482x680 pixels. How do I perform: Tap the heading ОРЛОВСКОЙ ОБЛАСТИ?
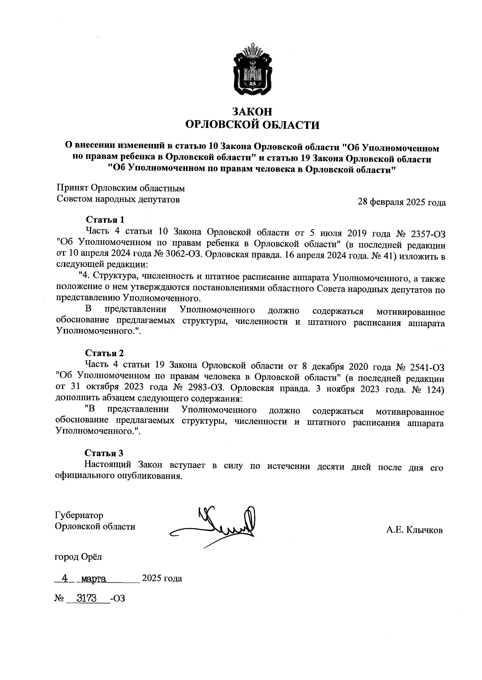(253, 125)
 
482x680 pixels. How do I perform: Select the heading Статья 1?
(105, 219)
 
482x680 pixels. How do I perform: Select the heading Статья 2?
(104, 353)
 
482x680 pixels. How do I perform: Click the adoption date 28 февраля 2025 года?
(402, 202)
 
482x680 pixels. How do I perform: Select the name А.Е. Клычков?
(415, 530)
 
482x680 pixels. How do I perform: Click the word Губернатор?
(79, 515)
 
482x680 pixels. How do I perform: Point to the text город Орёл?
(78, 557)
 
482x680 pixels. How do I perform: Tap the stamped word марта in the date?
(93, 579)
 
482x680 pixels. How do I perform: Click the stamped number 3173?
(88, 598)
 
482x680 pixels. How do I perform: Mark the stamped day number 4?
(63, 578)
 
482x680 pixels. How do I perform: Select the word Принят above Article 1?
(72, 188)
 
